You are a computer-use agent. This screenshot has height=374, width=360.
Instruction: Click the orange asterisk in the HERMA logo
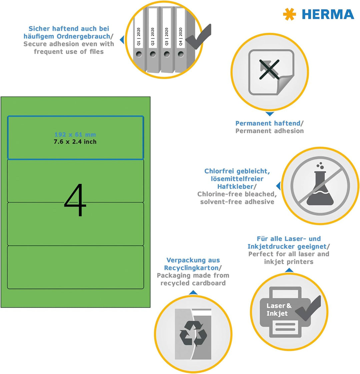click(x=289, y=14)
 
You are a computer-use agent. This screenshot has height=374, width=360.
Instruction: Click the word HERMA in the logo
click(x=328, y=14)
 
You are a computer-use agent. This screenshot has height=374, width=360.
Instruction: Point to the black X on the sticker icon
click(x=269, y=69)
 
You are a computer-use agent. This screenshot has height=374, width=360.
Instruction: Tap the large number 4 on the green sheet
click(x=75, y=199)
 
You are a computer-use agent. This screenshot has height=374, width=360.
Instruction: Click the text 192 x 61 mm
click(x=75, y=135)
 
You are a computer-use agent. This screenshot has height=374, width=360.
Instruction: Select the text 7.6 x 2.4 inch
click(x=75, y=142)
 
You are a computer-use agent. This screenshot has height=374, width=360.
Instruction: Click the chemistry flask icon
click(x=320, y=184)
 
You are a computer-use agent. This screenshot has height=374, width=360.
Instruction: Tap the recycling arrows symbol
click(x=193, y=333)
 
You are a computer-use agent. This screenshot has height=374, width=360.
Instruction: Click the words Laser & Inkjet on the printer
click(x=279, y=310)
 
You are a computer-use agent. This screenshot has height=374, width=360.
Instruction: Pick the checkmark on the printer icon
click(x=308, y=308)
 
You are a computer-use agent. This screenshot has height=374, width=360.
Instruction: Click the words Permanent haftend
click(x=268, y=123)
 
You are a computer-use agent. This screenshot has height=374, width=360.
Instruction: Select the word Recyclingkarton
click(x=191, y=268)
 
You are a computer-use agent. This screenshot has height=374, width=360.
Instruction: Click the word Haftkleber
click(x=235, y=187)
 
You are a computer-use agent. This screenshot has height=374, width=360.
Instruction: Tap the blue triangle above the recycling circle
click(x=193, y=292)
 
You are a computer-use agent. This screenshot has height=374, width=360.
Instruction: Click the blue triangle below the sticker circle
click(x=270, y=114)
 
